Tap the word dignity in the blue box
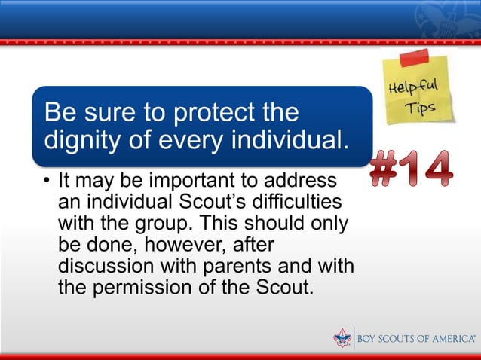82,141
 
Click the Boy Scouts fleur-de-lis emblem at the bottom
342,338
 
